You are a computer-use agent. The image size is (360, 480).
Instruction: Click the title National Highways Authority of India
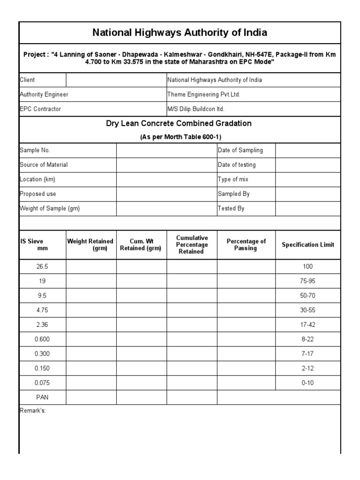[180, 33]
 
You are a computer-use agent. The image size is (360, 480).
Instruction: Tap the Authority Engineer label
[44, 94]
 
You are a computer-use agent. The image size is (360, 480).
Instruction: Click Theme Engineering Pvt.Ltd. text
[204, 94]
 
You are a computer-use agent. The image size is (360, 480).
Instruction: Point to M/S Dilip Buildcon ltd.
[196, 109]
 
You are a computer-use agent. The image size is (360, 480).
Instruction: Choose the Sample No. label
[35, 150]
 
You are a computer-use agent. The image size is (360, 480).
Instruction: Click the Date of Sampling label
[240, 150]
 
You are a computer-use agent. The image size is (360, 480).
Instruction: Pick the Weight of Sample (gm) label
[50, 209]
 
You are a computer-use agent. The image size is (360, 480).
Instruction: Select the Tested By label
[231, 209]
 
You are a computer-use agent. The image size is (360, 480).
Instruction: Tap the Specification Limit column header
[308, 245]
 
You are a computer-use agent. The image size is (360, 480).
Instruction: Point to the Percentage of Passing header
[246, 245]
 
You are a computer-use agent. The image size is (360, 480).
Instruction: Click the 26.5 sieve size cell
[42, 266]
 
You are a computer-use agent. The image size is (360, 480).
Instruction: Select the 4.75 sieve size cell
[42, 310]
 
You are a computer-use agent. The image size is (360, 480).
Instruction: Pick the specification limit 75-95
[308, 281]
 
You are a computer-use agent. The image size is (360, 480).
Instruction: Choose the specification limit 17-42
[308, 325]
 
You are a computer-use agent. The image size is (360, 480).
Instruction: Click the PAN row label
[42, 397]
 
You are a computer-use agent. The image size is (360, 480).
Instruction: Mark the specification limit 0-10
[308, 383]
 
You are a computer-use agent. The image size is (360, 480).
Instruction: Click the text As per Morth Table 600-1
[180, 137]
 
